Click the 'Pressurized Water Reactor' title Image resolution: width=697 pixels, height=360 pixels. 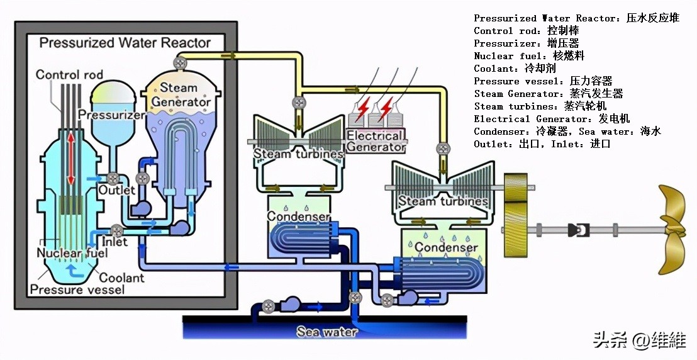125,43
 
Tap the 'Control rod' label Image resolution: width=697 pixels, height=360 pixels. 69,74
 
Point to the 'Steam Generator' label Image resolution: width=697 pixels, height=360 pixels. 181,94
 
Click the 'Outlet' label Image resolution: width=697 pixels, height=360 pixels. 117,189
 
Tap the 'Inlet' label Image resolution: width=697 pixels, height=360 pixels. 115,241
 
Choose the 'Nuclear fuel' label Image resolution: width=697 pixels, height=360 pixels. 71,253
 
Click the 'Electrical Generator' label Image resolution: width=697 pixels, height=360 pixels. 376,141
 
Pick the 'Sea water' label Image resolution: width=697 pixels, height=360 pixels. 327,332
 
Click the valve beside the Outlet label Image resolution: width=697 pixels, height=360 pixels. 114,178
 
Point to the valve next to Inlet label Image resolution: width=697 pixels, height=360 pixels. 116,230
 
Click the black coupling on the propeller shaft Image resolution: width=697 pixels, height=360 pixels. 577,230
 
